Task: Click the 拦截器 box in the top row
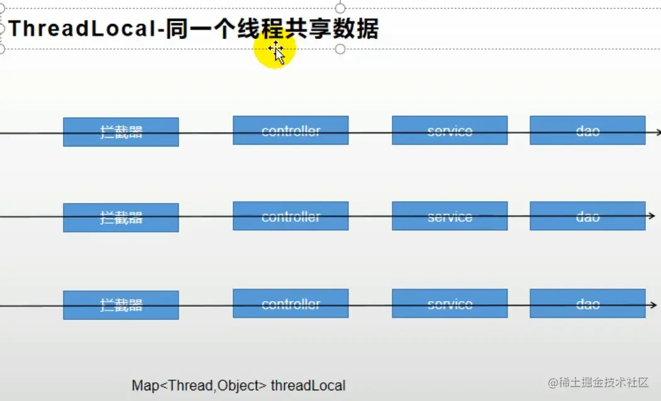click(x=121, y=132)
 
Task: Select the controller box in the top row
click(x=291, y=130)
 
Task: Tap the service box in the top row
click(x=450, y=130)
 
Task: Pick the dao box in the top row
click(x=587, y=130)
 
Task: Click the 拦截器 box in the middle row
click(x=121, y=217)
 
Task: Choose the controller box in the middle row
click(x=291, y=216)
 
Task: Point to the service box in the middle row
click(x=450, y=216)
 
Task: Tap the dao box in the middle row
click(x=587, y=216)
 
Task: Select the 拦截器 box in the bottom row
click(x=121, y=305)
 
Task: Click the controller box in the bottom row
click(x=291, y=304)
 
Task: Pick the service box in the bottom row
click(x=450, y=304)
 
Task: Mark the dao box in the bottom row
click(x=587, y=304)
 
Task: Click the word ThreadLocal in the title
click(x=82, y=29)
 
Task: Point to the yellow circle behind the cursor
click(x=275, y=48)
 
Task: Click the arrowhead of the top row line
click(x=658, y=132)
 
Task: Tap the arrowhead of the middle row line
click(x=652, y=216)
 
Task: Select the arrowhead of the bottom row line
click(x=654, y=305)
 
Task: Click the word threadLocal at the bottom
click(x=308, y=385)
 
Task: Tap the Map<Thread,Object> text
click(x=199, y=385)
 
